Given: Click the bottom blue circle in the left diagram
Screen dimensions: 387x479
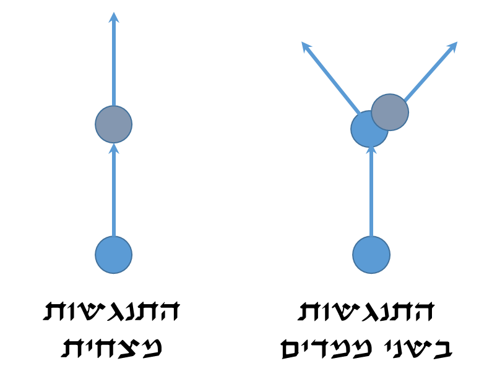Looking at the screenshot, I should pos(114,255).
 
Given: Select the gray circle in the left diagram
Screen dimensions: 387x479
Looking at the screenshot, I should pos(114,124).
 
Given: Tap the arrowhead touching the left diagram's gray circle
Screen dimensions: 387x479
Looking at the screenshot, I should pos(114,148).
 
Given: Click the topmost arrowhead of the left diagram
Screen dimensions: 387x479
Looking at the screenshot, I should pos(114,17).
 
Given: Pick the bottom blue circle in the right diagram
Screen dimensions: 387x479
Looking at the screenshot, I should pos(371,255).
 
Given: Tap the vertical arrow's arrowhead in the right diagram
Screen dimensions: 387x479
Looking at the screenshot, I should pos(371,150).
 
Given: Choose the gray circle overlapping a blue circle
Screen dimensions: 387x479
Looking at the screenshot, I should pos(391,112).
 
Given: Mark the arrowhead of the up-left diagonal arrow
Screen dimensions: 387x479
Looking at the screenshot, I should pos(305,45).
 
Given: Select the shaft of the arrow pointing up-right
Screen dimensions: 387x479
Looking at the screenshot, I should pos(430,71).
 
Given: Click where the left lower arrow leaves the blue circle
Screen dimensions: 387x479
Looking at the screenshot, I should pos(114,237).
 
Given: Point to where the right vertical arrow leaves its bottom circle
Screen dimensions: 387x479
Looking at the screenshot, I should pos(371,237).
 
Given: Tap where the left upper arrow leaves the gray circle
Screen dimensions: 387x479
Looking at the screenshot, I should pos(114,106).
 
